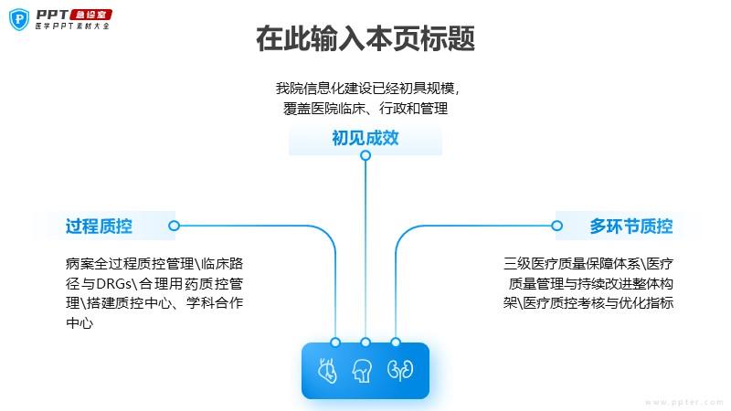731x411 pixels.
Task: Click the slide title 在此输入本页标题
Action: click(365, 38)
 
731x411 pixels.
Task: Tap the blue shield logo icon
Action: click(19, 19)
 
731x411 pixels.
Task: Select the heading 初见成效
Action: click(365, 138)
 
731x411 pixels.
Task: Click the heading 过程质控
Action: click(99, 227)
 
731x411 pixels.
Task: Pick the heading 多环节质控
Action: click(630, 227)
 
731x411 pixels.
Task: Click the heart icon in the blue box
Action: click(327, 371)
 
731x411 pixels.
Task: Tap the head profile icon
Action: click(363, 371)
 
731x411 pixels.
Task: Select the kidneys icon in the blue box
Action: click(400, 370)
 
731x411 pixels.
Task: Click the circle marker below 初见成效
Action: click(365, 155)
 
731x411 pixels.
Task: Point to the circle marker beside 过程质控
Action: click(174, 226)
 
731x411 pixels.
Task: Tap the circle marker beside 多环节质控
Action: click(556, 226)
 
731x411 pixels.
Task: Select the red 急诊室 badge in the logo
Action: click(90, 15)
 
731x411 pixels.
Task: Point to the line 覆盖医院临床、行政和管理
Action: click(365, 109)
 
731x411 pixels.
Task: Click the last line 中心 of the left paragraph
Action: click(79, 323)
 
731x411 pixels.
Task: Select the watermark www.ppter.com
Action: click(684, 402)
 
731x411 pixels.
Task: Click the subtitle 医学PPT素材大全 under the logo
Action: click(73, 26)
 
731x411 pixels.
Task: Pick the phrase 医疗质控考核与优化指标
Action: click(599, 303)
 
